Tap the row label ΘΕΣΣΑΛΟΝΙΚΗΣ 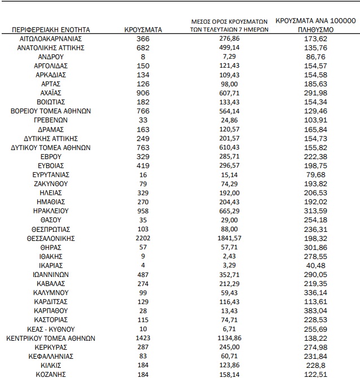point(51,238)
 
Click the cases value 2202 point(142,238)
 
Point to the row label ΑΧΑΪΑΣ point(51,93)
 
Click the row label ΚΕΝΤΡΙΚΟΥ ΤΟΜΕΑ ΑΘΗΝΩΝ point(51,339)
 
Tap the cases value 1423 point(142,339)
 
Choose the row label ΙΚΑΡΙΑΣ point(51,266)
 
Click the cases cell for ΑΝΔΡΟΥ point(142,56)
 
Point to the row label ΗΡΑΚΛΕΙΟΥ point(51,211)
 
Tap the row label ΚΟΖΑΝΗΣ point(51,375)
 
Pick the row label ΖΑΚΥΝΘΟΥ point(51,184)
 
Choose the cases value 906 point(142,93)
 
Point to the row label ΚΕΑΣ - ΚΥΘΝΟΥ point(51,329)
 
